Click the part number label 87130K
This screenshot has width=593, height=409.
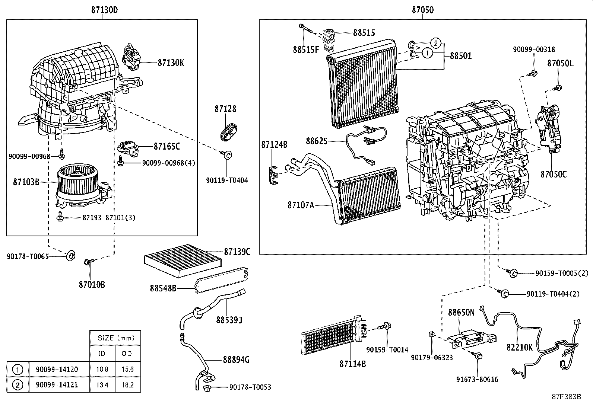tap(171, 63)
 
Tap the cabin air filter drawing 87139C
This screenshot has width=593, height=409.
tap(179, 260)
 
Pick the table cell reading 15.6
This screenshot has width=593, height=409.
tap(127, 370)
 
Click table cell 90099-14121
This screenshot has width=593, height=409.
tap(57, 384)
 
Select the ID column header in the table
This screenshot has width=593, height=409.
tap(102, 354)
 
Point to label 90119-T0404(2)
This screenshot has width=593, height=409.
tap(553, 294)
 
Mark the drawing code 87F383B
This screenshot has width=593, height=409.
tap(566, 396)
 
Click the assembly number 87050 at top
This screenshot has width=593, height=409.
tap(422, 10)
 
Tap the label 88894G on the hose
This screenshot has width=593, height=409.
tap(236, 360)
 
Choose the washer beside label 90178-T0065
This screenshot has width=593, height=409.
tap(70, 256)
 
